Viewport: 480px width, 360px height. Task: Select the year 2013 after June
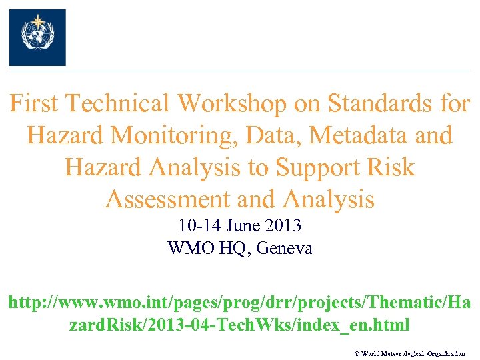coord(285,226)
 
